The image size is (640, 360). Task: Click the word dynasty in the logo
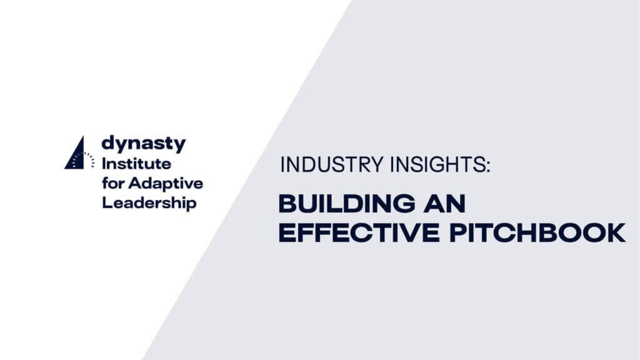(143, 144)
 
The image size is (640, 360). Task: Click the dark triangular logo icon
(74, 154)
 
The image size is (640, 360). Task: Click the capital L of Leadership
(106, 203)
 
